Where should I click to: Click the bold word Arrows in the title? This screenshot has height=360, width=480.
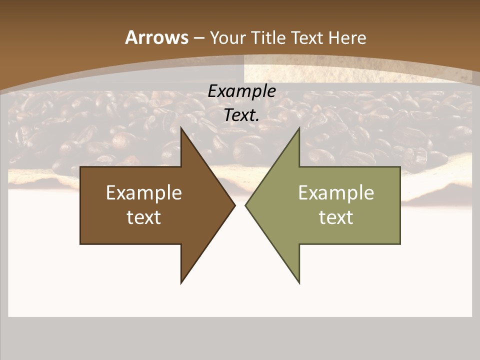156,37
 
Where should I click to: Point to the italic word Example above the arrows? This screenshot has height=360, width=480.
241,91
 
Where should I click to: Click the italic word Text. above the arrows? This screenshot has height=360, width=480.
241,115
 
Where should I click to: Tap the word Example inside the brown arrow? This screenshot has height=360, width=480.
144,192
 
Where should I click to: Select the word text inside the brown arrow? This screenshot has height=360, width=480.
144,217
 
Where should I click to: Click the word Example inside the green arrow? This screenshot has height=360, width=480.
336,192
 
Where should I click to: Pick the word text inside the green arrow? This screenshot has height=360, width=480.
336,217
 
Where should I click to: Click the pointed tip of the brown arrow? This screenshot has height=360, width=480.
234,205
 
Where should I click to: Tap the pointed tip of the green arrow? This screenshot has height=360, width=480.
245,205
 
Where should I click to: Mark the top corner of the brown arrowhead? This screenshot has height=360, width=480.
181,128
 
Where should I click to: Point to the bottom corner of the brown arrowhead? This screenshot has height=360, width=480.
181,283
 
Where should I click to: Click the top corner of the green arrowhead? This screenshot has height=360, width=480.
299,128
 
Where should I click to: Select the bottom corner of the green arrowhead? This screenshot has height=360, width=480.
299,283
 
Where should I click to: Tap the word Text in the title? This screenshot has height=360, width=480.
307,37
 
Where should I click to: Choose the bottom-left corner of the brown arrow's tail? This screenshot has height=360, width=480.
80,243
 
